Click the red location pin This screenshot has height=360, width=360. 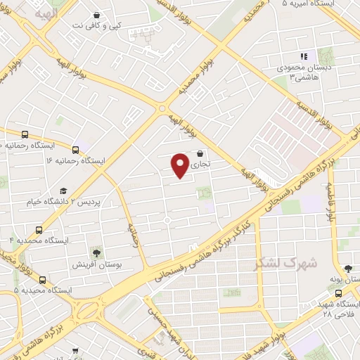point(181,165)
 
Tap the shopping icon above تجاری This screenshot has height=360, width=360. point(200,153)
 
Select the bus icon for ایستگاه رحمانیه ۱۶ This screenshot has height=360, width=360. point(75,149)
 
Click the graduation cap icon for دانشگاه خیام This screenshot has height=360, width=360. point(64,191)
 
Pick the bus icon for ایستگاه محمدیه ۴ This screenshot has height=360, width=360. point(38,229)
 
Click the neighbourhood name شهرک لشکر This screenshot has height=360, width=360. point(285,263)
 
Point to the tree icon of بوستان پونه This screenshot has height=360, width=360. point(347,269)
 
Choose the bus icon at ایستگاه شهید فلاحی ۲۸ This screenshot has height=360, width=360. point(339,292)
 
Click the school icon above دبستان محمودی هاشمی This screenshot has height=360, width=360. point(304,56)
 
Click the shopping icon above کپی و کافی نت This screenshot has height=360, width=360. point(96,14)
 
